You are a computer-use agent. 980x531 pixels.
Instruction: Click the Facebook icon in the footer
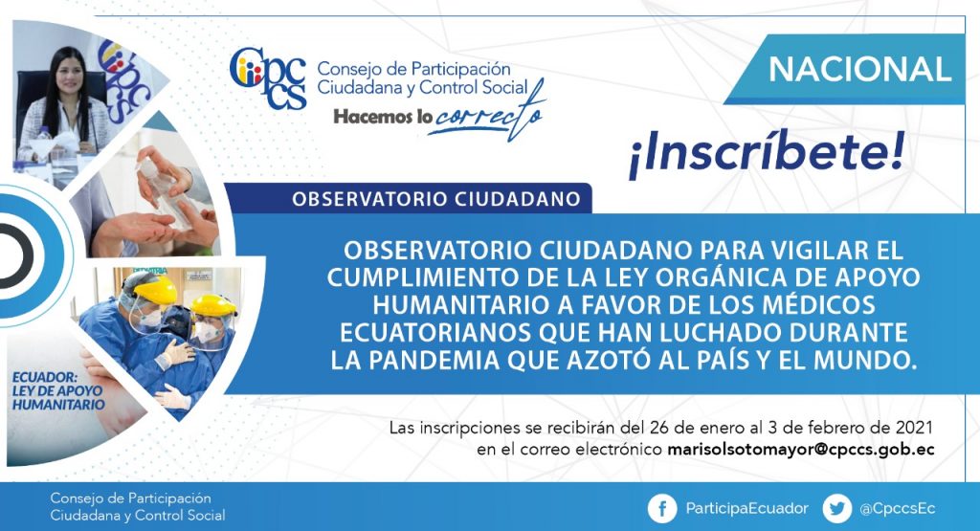(662, 508)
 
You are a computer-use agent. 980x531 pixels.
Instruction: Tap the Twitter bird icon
(836, 508)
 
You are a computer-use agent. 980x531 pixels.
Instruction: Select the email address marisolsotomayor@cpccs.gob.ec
(801, 450)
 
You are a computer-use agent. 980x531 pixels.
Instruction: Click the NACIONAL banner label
(859, 69)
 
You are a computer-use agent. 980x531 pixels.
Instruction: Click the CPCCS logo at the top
(268, 78)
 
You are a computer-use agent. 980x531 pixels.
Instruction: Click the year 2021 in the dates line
(914, 428)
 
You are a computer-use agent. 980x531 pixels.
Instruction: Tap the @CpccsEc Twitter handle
(898, 509)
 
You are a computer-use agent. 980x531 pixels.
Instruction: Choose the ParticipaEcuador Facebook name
(746, 508)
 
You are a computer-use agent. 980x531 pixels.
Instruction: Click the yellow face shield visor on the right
(214, 307)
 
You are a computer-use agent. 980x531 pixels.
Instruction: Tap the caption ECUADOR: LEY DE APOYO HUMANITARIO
(57, 391)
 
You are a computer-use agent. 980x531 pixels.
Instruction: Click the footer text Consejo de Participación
(130, 498)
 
